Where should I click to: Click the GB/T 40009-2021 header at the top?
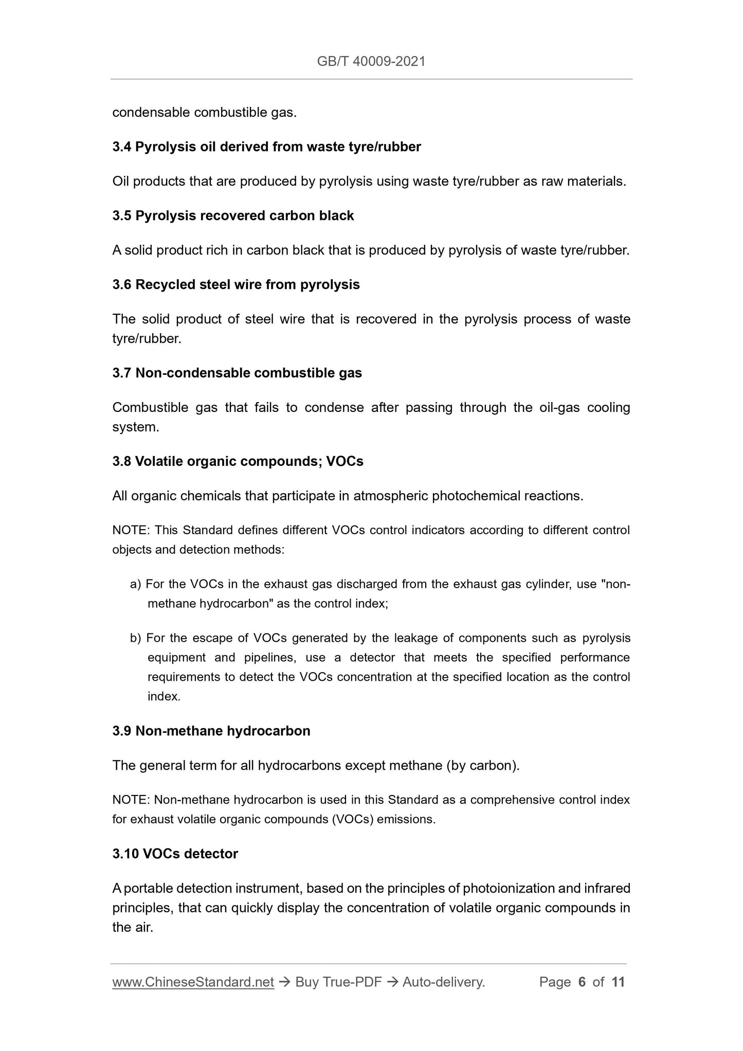pyautogui.click(x=371, y=62)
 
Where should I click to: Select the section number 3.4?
pyautogui.click(x=122, y=147)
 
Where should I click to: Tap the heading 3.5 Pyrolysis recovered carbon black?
pyautogui.click(x=233, y=215)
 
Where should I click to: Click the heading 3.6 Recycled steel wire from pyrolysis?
pyautogui.click(x=236, y=284)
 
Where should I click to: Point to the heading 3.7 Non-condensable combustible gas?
pyautogui.click(x=237, y=373)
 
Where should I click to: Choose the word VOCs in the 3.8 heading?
pyautogui.click(x=345, y=461)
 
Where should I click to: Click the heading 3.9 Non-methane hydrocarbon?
pyautogui.click(x=211, y=731)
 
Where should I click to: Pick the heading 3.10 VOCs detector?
pyautogui.click(x=175, y=854)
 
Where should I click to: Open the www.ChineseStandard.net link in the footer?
pyautogui.click(x=193, y=983)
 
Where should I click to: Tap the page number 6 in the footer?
pyautogui.click(x=582, y=983)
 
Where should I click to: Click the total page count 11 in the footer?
pyautogui.click(x=618, y=983)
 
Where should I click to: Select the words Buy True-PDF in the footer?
pyautogui.click(x=338, y=983)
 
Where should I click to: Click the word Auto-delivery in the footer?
pyautogui.click(x=443, y=983)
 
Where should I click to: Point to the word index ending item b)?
pyautogui.click(x=164, y=697)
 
